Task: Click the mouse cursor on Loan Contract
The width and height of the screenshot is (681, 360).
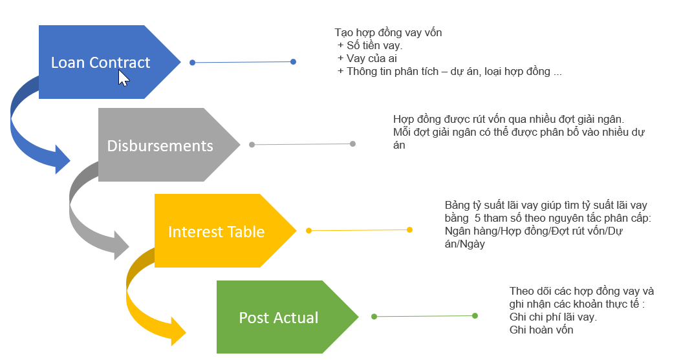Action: coord(124,78)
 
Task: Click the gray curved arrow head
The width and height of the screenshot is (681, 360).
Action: coord(120,245)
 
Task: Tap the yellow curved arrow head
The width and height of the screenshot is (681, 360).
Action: coord(177,330)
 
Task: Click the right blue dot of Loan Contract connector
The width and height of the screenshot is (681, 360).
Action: coord(293,62)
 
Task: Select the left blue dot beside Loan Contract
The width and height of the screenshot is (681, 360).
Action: coord(192,63)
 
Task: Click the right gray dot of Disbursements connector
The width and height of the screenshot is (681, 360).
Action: coord(352,143)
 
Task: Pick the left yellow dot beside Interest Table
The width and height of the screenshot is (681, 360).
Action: coord(308,231)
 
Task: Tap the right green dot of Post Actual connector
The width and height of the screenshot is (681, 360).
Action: coord(475,316)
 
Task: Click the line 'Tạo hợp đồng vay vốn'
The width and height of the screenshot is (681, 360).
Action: coord(388,32)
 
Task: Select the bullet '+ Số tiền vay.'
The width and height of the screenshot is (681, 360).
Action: coord(370,45)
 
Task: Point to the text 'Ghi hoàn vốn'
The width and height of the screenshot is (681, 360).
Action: coord(541,330)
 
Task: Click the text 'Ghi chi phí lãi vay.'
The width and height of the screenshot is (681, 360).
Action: coord(553,317)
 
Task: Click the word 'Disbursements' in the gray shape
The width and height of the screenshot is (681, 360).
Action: coord(160,145)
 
